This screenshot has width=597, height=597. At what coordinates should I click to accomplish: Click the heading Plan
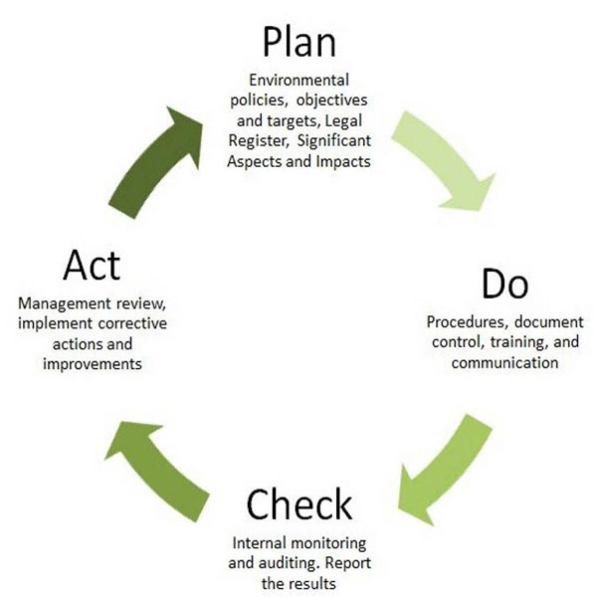pyautogui.click(x=299, y=42)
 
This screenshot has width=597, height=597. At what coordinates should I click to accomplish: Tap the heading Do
pyautogui.click(x=504, y=284)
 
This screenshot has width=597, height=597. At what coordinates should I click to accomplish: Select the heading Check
pyautogui.click(x=299, y=504)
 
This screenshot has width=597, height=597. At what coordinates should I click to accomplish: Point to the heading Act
pyautogui.click(x=92, y=265)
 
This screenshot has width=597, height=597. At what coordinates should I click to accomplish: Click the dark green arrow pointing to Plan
pyautogui.click(x=156, y=162)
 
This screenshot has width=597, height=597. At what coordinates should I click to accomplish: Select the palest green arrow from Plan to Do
pyautogui.click(x=444, y=160)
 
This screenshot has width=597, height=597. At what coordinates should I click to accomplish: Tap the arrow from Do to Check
pyautogui.click(x=445, y=471)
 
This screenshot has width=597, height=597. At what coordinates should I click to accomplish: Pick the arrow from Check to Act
pyautogui.click(x=157, y=472)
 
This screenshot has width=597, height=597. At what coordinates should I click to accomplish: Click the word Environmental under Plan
pyautogui.click(x=298, y=80)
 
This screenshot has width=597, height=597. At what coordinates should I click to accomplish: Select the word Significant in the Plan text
pyautogui.click(x=334, y=141)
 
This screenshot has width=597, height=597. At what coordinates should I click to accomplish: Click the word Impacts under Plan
pyautogui.click(x=343, y=161)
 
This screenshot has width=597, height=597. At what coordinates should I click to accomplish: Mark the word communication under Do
pyautogui.click(x=504, y=362)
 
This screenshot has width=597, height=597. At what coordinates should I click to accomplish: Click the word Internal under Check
pyautogui.click(x=257, y=543)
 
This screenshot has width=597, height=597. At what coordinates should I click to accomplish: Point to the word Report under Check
pyautogui.click(x=348, y=563)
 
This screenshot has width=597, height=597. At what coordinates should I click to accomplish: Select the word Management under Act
pyautogui.click(x=65, y=303)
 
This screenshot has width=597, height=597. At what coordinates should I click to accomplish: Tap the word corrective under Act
pyautogui.click(x=132, y=323)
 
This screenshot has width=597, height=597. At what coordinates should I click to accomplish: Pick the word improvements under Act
pyautogui.click(x=93, y=364)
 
